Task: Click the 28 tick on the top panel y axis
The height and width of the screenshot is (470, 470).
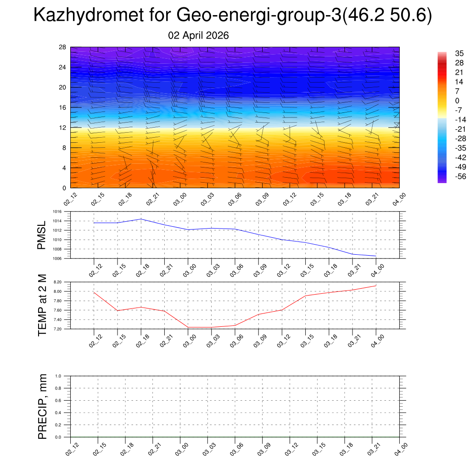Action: coord(63,47)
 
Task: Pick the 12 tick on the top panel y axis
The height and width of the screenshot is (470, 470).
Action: coord(63,128)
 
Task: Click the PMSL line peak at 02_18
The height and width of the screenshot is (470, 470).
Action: coord(141,219)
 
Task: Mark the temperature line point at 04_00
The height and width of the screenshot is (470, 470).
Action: coord(376,285)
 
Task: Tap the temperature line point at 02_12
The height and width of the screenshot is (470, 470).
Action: coord(94,293)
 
